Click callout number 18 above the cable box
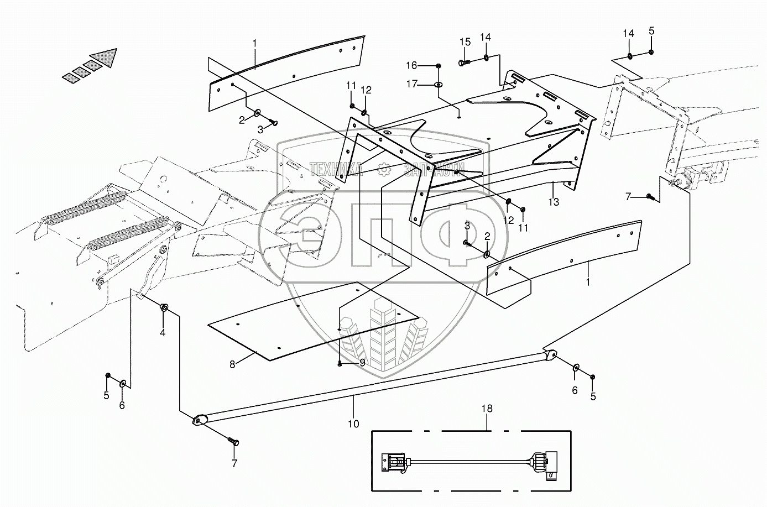[487, 409]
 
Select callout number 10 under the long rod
[353, 424]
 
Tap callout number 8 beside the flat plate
[232, 364]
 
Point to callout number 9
[362, 363]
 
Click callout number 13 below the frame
[554, 202]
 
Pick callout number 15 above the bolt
[465, 42]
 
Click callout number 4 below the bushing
[163, 332]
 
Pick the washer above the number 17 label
[438, 85]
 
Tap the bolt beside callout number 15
[464, 64]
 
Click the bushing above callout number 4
[164, 307]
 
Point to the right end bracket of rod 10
[550, 356]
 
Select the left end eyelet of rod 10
[199, 421]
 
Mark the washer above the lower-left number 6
[122, 383]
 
